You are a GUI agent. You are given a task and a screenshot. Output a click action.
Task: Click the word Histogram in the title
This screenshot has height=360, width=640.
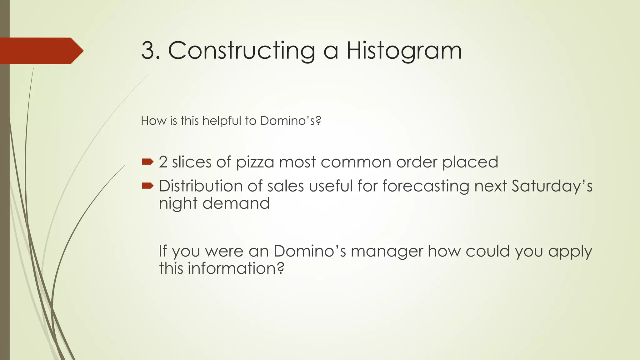[404, 51]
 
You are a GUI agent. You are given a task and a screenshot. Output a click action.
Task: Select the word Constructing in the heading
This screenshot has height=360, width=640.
[242, 51]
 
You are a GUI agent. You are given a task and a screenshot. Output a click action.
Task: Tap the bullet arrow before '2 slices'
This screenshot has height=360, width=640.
[147, 162]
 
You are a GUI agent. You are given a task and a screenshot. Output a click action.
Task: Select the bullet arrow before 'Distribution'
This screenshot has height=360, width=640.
[147, 186]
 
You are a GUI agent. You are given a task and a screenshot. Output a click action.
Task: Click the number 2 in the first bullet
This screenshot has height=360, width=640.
[163, 162]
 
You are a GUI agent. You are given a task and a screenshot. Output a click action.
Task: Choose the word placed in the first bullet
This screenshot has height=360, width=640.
[470, 162]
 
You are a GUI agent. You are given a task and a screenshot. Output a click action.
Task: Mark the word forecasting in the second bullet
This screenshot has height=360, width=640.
[426, 187]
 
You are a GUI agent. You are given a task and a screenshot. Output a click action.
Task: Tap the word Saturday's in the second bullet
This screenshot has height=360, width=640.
[552, 187]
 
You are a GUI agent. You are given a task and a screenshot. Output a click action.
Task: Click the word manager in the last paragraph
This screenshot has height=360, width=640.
[387, 252]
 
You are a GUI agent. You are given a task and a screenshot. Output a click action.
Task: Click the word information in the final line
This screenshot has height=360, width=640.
[236, 268]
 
